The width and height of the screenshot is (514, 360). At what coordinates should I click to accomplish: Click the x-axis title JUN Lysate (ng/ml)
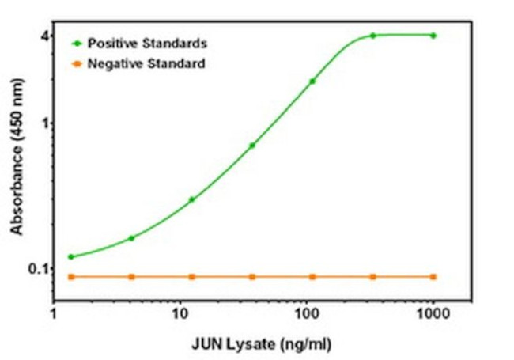click(262, 345)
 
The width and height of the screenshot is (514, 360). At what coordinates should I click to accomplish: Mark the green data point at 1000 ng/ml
click(433, 36)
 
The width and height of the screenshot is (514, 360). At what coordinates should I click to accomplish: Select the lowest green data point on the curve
click(71, 256)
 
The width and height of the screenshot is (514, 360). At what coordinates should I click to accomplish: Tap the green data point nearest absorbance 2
click(312, 81)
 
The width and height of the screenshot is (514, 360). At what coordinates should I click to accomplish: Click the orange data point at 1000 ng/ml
click(433, 277)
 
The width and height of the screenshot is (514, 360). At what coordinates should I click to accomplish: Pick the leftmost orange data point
click(71, 277)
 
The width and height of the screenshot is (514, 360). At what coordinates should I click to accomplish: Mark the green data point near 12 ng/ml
click(191, 199)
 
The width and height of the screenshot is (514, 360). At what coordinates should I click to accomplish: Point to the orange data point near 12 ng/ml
click(191, 277)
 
